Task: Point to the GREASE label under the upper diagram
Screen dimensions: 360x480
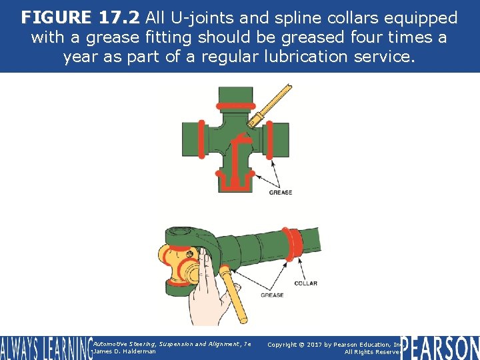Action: pyautogui.click(x=281, y=193)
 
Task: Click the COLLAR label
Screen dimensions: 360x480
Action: pyautogui.click(x=305, y=283)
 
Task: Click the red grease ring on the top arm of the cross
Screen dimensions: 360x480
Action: pyautogui.click(x=233, y=105)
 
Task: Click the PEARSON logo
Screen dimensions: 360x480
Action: pyautogui.click(x=439, y=347)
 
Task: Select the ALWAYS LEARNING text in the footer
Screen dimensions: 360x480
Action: pyautogui.click(x=45, y=348)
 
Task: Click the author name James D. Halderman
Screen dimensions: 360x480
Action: pyautogui.click(x=125, y=351)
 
